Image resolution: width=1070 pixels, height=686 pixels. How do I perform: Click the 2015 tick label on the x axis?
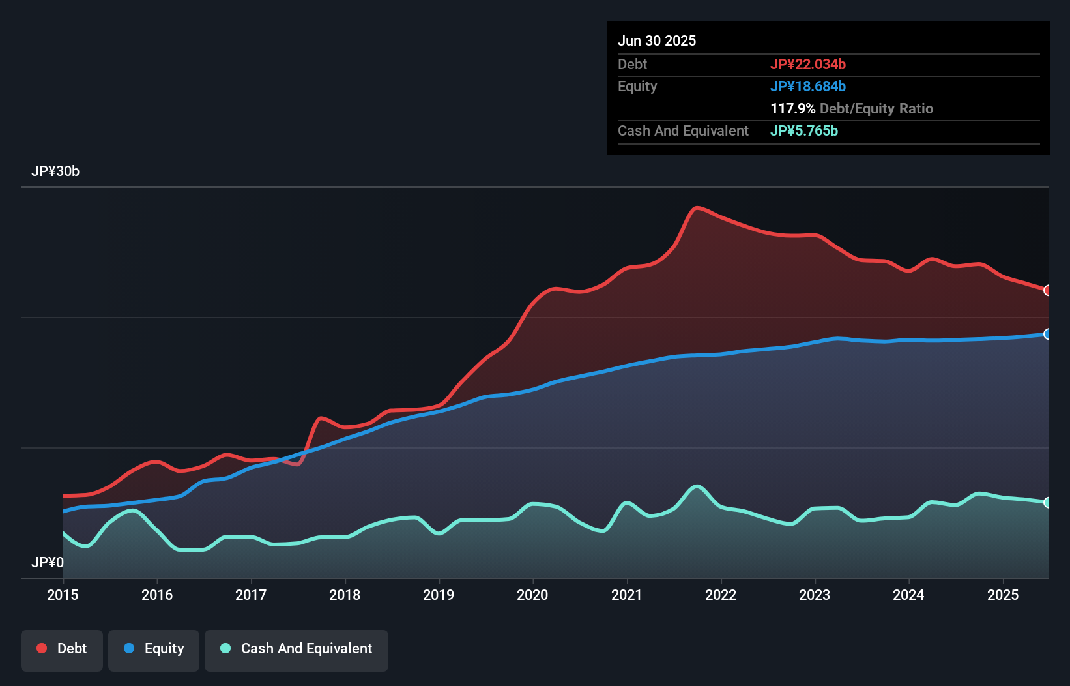(x=63, y=595)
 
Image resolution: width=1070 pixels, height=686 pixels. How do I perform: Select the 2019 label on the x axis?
(x=439, y=595)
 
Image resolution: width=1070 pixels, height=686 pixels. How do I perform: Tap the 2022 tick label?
(x=721, y=595)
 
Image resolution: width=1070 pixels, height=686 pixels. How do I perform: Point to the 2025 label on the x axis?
(x=1003, y=595)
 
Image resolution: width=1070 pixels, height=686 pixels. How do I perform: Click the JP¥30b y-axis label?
(x=55, y=171)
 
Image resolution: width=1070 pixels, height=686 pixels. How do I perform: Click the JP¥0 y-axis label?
(x=48, y=562)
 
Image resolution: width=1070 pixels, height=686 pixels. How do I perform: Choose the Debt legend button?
(x=62, y=649)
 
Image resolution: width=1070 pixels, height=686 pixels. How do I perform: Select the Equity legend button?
(x=154, y=649)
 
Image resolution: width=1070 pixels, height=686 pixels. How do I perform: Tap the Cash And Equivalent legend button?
(x=296, y=649)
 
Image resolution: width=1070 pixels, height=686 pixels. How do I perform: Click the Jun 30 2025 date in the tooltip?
(x=657, y=40)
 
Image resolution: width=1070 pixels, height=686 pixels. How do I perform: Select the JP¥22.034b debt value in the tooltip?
(x=808, y=64)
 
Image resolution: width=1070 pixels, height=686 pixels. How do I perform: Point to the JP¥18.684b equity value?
(x=808, y=86)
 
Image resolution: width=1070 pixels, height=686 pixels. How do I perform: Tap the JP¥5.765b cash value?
(x=804, y=130)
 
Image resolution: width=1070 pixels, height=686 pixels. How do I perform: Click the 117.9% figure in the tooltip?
(x=792, y=108)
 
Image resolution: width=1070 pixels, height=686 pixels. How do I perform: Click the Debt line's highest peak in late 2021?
(x=697, y=208)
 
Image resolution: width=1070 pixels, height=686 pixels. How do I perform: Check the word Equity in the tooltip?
(x=637, y=86)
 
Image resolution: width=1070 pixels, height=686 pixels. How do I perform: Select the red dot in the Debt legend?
(x=42, y=648)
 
